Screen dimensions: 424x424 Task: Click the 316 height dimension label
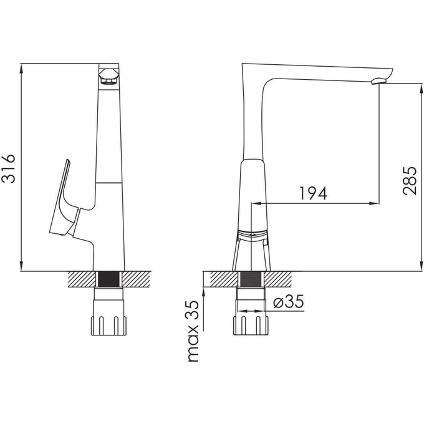8,169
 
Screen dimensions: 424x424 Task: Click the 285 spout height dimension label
410,181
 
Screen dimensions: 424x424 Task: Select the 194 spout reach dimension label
314,193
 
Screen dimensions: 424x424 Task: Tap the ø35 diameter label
289,301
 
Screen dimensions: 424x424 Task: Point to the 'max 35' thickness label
193,331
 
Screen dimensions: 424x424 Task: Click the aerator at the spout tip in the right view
379,80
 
